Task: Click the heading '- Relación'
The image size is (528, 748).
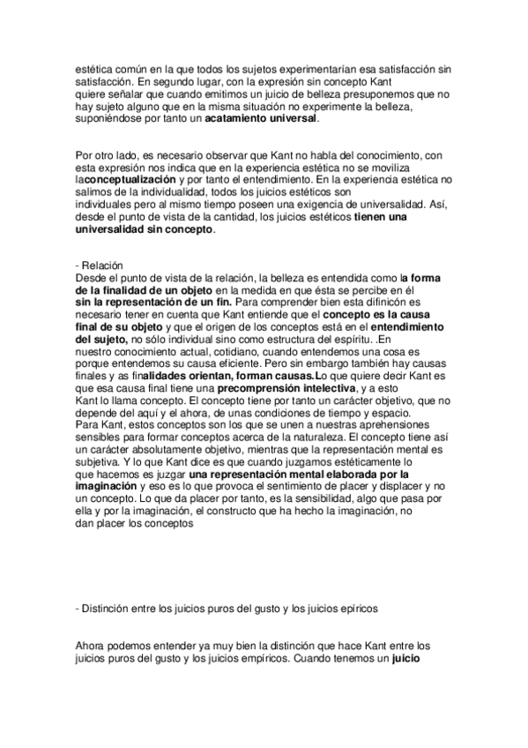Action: (x=100, y=267)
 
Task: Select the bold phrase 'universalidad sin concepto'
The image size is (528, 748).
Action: (x=145, y=228)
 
